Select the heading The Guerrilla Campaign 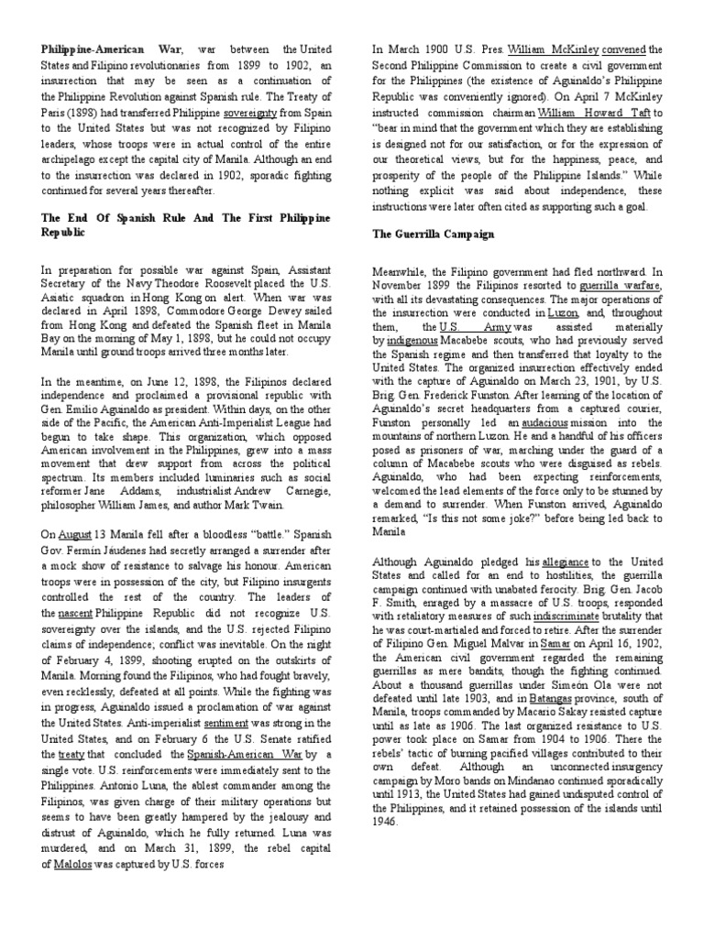click(433, 234)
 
